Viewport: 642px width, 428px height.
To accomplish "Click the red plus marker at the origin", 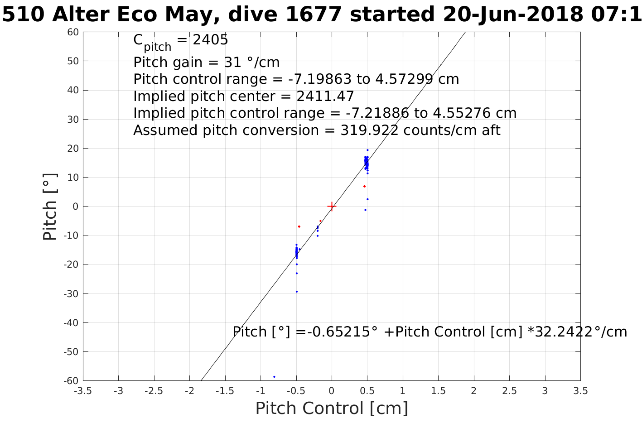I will [332, 207].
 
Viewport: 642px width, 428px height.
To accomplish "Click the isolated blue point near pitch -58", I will [274, 377].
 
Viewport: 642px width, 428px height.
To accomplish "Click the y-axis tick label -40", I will [72, 323].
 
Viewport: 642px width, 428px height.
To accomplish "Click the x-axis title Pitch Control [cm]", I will [332, 409].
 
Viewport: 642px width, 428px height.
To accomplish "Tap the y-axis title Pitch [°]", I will [50, 207].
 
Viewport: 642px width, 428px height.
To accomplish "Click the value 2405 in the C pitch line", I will [210, 40].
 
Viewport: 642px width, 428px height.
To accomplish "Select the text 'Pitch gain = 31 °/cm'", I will [206, 62].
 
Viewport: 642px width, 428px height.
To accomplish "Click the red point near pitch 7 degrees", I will [364, 186].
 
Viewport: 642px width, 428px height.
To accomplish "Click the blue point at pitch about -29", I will [297, 292].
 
